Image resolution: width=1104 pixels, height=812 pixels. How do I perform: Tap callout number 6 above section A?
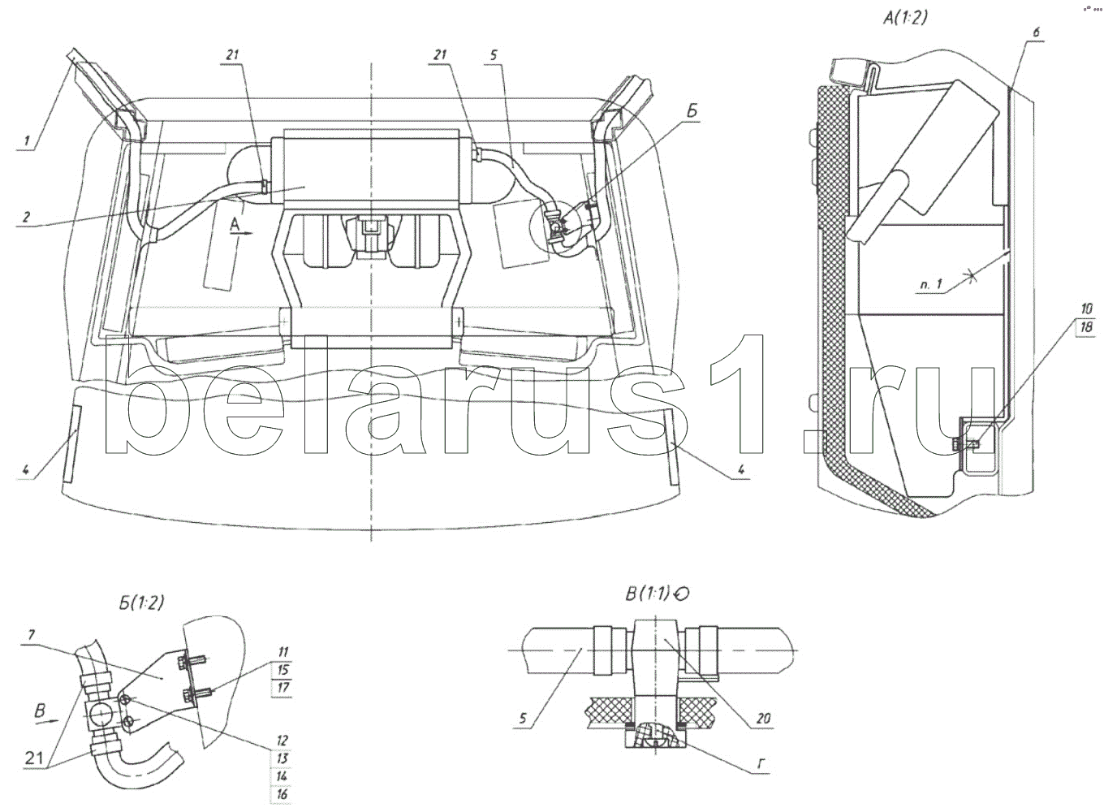coord(1037,32)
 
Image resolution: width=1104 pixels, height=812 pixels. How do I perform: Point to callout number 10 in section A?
coord(1086,309)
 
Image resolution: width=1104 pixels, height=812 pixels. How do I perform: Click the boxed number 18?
coord(1086,327)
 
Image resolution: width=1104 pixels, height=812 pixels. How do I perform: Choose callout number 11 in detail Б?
coord(282,652)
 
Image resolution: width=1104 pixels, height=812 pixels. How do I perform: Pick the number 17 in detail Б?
coord(282,688)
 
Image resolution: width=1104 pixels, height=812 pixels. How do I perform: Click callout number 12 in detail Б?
coord(282,741)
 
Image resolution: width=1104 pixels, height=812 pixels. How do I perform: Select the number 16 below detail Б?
coord(282,794)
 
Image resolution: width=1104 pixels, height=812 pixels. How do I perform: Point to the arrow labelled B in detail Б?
coord(47,715)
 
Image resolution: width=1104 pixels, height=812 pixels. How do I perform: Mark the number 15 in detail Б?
coord(282,670)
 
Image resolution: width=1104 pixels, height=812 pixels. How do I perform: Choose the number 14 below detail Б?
coord(282,776)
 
